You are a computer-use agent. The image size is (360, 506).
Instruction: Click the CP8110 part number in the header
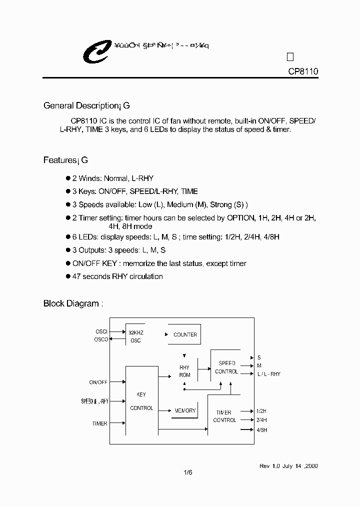tap(303, 71)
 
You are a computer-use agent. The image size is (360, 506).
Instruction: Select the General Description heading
tap(86, 105)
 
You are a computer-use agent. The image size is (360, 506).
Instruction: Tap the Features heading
tap(65, 160)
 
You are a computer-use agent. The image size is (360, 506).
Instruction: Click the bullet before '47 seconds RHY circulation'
tap(68, 276)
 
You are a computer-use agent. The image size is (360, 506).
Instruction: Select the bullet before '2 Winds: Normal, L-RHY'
tap(68, 178)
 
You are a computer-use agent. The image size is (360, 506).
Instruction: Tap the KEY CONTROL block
tap(141, 401)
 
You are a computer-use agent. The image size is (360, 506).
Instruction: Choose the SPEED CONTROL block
tap(226, 367)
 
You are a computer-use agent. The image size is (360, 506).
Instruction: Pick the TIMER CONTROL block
tap(224, 416)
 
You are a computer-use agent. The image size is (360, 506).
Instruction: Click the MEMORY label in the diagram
tap(185, 410)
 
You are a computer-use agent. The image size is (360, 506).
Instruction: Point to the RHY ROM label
tap(184, 371)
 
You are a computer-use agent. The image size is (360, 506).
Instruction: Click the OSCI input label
tap(101, 331)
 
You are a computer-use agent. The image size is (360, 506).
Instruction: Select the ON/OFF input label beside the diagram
tap(98, 382)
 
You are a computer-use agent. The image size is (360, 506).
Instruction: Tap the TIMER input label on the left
tap(99, 423)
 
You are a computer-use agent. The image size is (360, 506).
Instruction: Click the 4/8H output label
tap(261, 429)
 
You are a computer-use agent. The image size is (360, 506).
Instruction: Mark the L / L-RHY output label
tap(269, 374)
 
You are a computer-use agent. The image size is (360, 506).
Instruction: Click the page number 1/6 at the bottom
tap(187, 472)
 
